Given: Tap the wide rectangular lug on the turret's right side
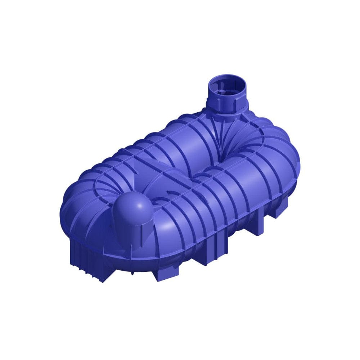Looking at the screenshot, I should (235, 102).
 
